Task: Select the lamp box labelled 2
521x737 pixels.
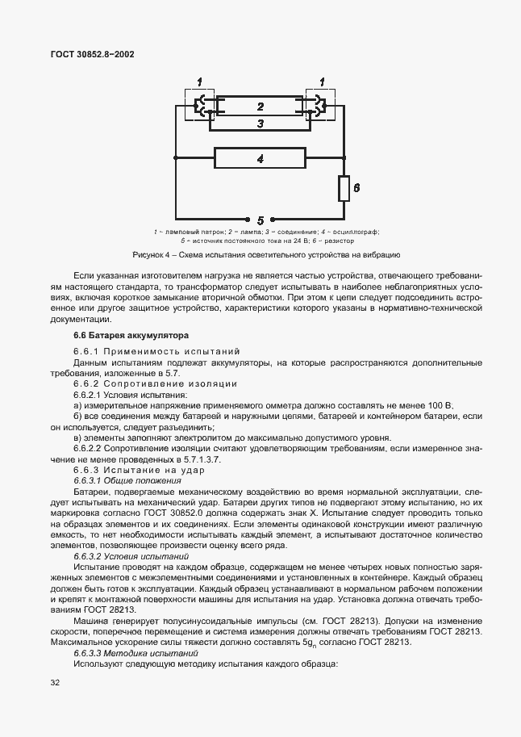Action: (x=260, y=106)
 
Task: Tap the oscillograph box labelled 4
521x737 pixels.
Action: (x=260, y=159)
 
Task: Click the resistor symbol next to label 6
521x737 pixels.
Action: (x=343, y=189)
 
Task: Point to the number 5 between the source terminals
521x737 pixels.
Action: (x=260, y=219)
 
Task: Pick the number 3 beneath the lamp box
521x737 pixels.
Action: (x=260, y=124)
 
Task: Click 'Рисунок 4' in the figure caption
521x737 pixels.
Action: (x=152, y=255)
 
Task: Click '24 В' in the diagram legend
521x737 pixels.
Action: (x=284, y=241)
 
